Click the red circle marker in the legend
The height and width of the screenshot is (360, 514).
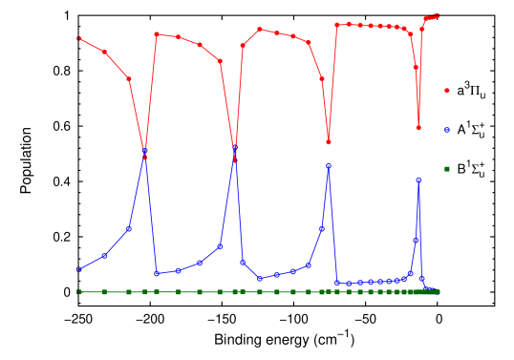(446, 91)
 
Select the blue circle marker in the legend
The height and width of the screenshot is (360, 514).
(446, 130)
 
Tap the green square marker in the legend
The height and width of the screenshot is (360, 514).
(446, 169)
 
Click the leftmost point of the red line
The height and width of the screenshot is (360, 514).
(78, 38)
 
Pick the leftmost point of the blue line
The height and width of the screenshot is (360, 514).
(78, 270)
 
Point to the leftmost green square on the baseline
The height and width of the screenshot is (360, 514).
(78, 292)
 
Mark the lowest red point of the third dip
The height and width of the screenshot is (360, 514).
(329, 142)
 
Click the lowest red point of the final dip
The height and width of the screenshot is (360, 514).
(418, 127)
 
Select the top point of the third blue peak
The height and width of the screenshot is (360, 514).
(329, 165)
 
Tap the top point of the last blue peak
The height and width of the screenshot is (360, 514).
(418, 180)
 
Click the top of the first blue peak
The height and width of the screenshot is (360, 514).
(145, 154)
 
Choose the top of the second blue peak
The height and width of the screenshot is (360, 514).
(235, 148)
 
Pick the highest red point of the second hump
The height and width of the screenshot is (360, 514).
(157, 34)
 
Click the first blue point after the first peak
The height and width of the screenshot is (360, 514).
(157, 273)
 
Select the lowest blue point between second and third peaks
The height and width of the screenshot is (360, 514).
(260, 279)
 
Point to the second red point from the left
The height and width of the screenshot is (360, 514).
(104, 52)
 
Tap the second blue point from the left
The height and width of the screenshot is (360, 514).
(104, 256)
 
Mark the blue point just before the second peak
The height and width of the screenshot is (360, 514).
(220, 246)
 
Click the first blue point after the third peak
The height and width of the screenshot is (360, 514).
(336, 283)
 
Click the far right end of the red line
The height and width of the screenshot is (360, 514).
(437, 15)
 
